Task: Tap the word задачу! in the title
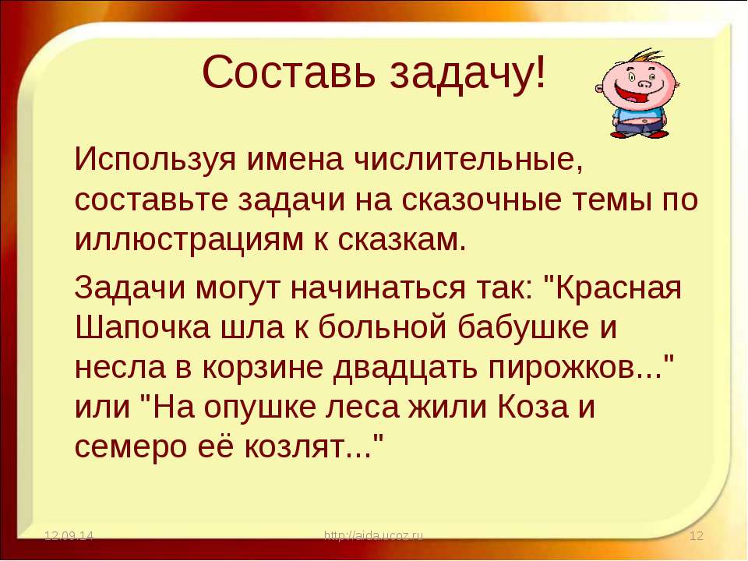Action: (468, 74)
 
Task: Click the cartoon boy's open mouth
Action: (630, 93)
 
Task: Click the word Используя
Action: (155, 159)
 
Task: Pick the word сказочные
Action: (481, 199)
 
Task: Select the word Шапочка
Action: (142, 328)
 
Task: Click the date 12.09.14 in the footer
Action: (69, 535)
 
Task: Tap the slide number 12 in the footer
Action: (697, 535)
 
